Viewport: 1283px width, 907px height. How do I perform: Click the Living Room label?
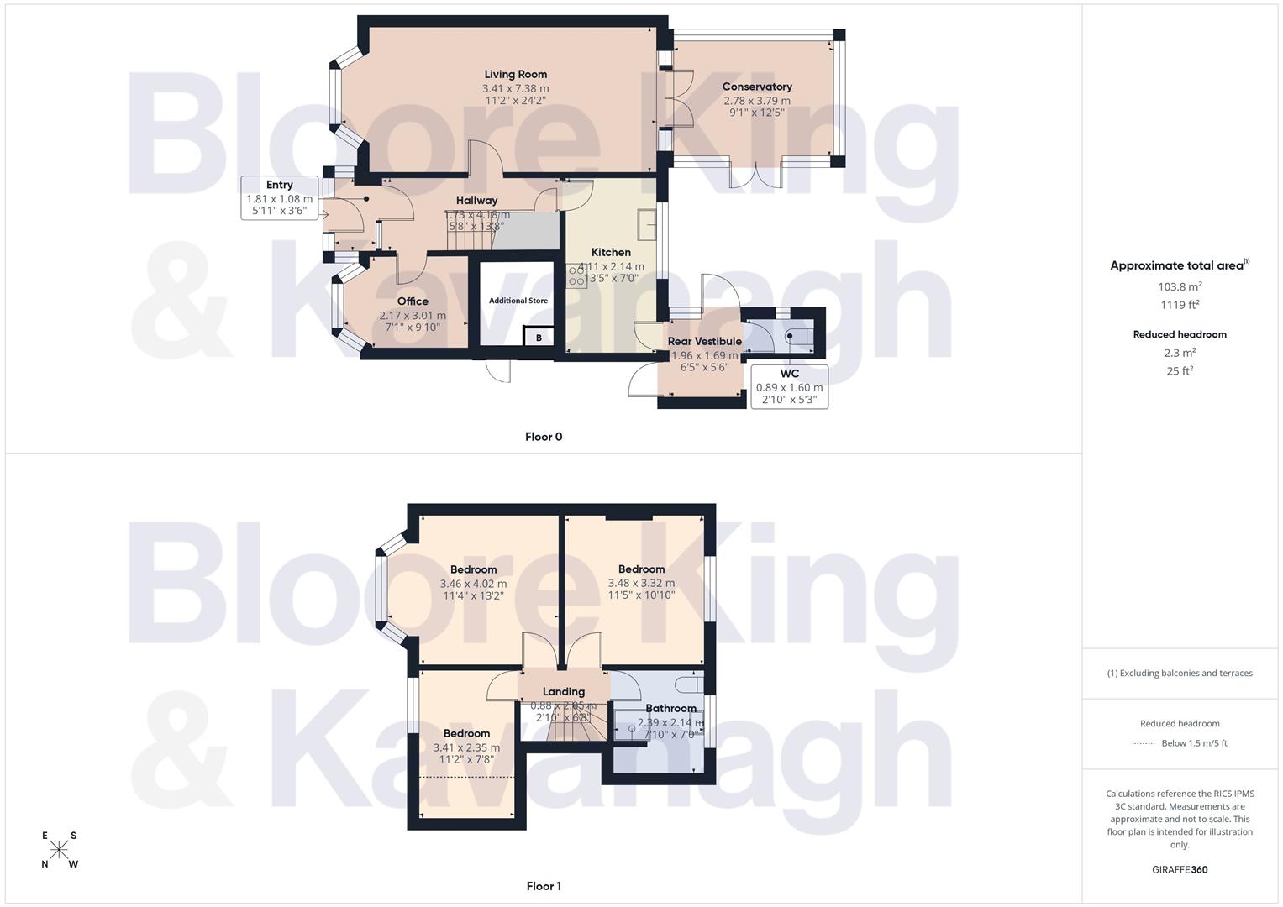515,74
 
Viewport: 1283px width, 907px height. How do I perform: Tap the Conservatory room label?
757,87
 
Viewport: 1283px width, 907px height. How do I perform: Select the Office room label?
413,301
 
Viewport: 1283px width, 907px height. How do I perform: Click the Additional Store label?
518,301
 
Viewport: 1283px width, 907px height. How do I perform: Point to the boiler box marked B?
539,338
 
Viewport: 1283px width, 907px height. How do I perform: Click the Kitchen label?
611,252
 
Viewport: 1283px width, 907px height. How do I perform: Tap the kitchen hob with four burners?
577,276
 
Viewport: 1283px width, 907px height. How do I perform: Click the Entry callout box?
279,198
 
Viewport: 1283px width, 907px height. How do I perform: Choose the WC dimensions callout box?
789,386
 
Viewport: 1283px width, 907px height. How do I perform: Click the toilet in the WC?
795,337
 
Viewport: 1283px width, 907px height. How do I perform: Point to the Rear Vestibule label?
704,341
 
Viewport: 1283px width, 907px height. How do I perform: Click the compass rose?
60,850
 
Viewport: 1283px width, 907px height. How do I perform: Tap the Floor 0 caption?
544,437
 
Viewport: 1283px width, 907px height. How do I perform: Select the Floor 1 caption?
544,886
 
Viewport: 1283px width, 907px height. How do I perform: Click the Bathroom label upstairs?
670,708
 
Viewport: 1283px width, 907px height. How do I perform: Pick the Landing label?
563,691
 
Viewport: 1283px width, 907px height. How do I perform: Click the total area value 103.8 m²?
1180,286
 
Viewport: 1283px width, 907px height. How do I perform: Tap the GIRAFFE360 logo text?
1180,870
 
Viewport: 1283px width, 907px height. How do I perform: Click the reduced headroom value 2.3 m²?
1180,353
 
